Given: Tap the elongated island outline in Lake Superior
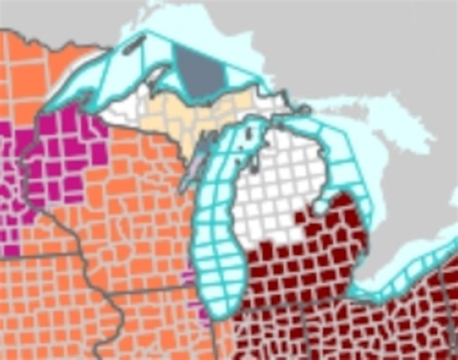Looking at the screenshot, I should (x=134, y=44).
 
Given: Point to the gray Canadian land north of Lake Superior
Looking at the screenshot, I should (x=291, y=35).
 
